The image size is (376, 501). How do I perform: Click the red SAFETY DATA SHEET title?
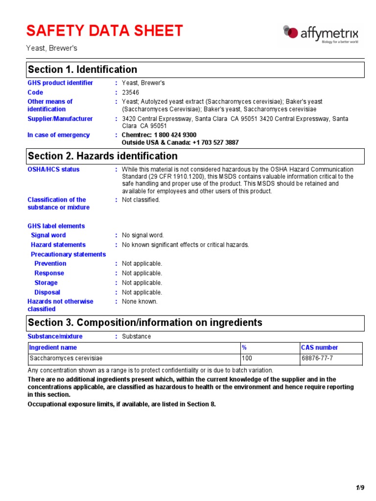104,31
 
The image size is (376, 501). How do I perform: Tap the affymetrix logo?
321,34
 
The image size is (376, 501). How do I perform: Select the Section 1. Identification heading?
83,69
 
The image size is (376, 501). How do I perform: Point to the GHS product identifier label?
60,83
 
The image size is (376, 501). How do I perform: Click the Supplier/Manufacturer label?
60,119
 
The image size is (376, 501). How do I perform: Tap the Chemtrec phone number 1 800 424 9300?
175,135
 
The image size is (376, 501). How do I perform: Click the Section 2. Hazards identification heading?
103,156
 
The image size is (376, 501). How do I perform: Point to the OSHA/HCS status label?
53,170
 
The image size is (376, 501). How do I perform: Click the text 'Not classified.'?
141,200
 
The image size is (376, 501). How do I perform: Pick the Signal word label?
48,235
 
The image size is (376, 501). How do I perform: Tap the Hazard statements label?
58,245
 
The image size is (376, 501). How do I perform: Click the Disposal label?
47,293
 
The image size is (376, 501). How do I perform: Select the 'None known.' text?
140,302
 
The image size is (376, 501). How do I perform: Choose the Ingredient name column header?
53,348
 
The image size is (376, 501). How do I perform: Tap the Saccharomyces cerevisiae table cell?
66,359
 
